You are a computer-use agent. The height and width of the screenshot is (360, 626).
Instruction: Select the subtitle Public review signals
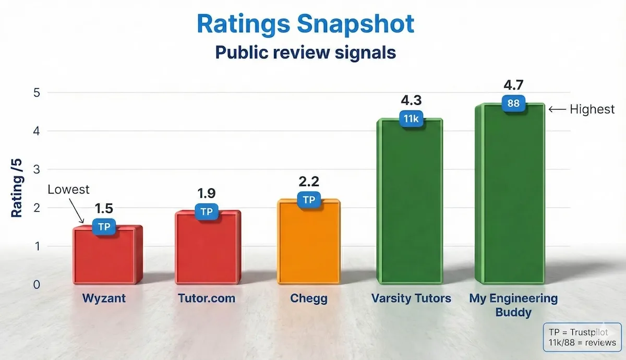pyautogui.click(x=305, y=53)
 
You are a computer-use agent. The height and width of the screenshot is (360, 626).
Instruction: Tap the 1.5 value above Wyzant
pyautogui.click(x=104, y=209)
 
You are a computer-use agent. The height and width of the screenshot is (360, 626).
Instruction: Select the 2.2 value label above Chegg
pyautogui.click(x=309, y=182)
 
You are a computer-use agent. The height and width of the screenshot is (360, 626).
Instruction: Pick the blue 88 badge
pyautogui.click(x=513, y=103)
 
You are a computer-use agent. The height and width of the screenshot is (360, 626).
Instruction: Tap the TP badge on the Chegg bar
pyautogui.click(x=309, y=199)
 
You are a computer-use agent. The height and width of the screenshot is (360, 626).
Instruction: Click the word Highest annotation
pyautogui.click(x=592, y=110)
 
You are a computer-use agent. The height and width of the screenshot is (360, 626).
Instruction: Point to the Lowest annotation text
pyautogui.click(x=68, y=189)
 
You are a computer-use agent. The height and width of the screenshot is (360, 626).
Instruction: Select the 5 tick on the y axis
pyautogui.click(x=37, y=93)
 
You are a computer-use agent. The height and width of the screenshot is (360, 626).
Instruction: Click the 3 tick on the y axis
pyautogui.click(x=37, y=170)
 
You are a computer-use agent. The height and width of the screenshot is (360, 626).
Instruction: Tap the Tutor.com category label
pyautogui.click(x=207, y=299)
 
